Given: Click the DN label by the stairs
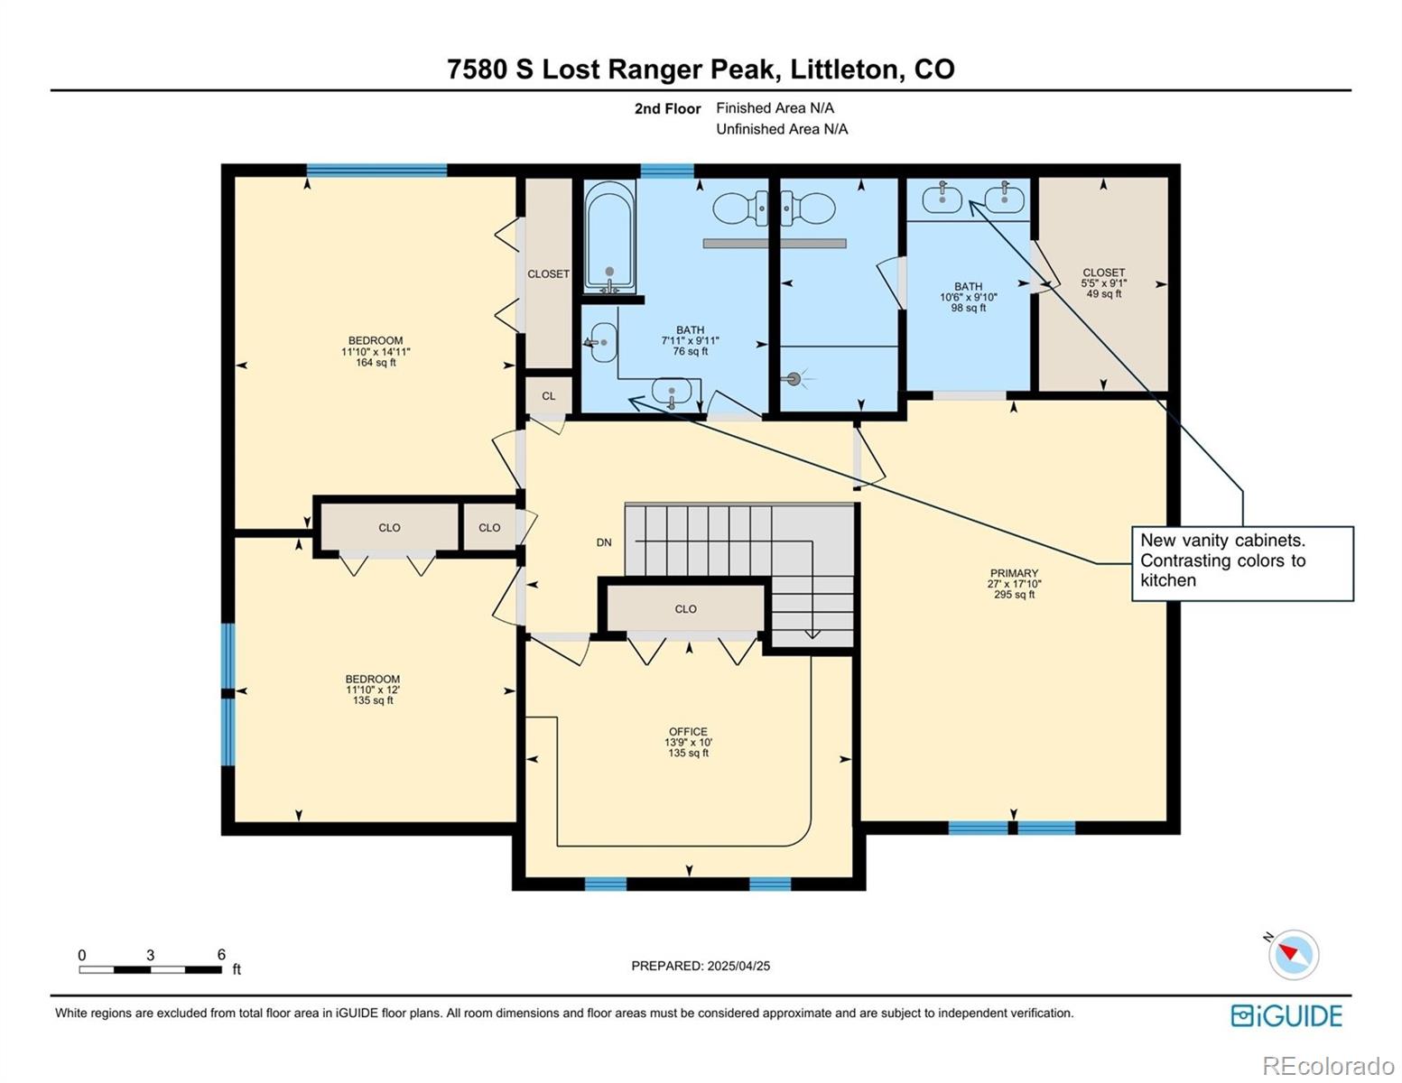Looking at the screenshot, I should click(604, 542).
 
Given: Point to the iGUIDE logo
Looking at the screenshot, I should click(1286, 1015).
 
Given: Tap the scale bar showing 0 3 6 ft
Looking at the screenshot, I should click(151, 969).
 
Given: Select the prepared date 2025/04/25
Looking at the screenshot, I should click(701, 966).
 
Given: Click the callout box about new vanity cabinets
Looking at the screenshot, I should click(1242, 563).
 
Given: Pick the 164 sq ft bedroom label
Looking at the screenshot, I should click(376, 352).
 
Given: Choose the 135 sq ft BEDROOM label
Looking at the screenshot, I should click(372, 690).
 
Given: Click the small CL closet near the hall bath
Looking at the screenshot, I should click(549, 396).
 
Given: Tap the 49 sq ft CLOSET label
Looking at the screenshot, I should click(1103, 282).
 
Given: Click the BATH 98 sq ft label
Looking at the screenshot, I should click(968, 297).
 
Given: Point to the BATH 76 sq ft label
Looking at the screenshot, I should click(690, 340).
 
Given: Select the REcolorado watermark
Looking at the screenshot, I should click(1327, 1066).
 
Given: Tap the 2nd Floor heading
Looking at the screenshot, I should click(667, 108).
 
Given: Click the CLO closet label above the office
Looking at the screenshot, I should click(685, 609).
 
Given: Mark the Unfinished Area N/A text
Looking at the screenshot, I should click(782, 129).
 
